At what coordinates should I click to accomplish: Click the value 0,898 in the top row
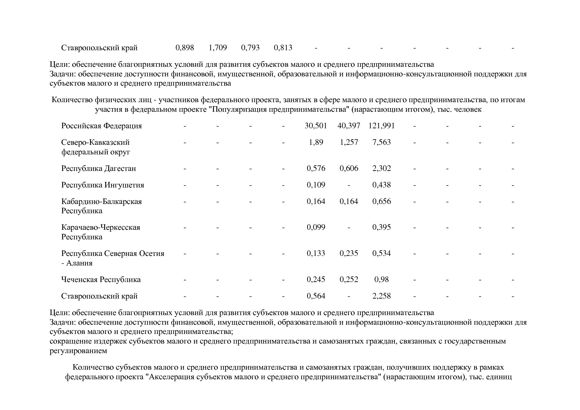(x=185, y=48)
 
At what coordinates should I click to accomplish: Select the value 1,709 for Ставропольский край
(x=218, y=48)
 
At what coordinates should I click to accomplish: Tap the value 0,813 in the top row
(x=283, y=48)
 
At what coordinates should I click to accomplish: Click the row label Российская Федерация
(x=102, y=126)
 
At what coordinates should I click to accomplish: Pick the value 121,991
(x=381, y=126)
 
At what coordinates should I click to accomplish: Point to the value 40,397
(x=349, y=126)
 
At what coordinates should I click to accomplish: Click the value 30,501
(x=316, y=126)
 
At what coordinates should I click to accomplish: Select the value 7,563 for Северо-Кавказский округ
(x=381, y=143)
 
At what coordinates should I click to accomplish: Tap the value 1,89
(x=316, y=143)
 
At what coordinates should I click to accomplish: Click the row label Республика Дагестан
(x=99, y=169)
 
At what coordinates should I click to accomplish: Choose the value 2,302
(x=381, y=169)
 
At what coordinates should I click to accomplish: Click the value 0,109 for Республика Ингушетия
(x=316, y=185)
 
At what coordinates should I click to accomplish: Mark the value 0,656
(x=381, y=202)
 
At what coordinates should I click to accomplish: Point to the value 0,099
(x=316, y=227)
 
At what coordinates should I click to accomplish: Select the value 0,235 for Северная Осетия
(x=349, y=254)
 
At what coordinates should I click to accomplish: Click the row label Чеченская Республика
(x=101, y=280)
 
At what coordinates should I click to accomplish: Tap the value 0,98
(x=381, y=280)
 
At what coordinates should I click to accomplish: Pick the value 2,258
(x=381, y=296)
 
